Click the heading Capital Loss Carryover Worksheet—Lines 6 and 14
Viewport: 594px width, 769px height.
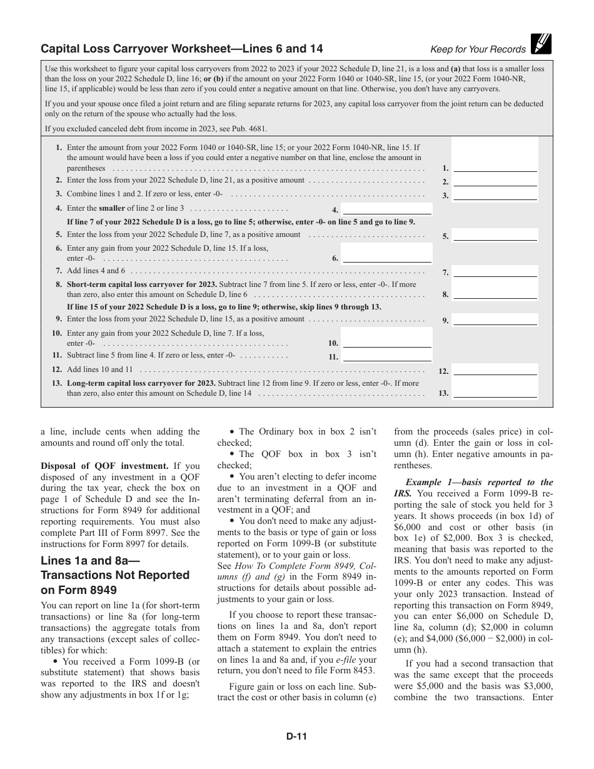coord(182,49)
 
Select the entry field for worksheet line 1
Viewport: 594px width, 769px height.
coord(495,166)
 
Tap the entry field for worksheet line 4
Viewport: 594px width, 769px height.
coord(387,209)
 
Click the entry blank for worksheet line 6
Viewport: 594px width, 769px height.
coord(387,257)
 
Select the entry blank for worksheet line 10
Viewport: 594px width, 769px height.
coord(387,342)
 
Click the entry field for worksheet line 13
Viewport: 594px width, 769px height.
coord(495,393)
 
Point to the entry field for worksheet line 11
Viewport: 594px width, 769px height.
coord(387,356)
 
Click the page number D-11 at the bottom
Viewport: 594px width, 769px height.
coord(296,736)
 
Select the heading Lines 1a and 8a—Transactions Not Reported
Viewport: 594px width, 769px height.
coord(115,568)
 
